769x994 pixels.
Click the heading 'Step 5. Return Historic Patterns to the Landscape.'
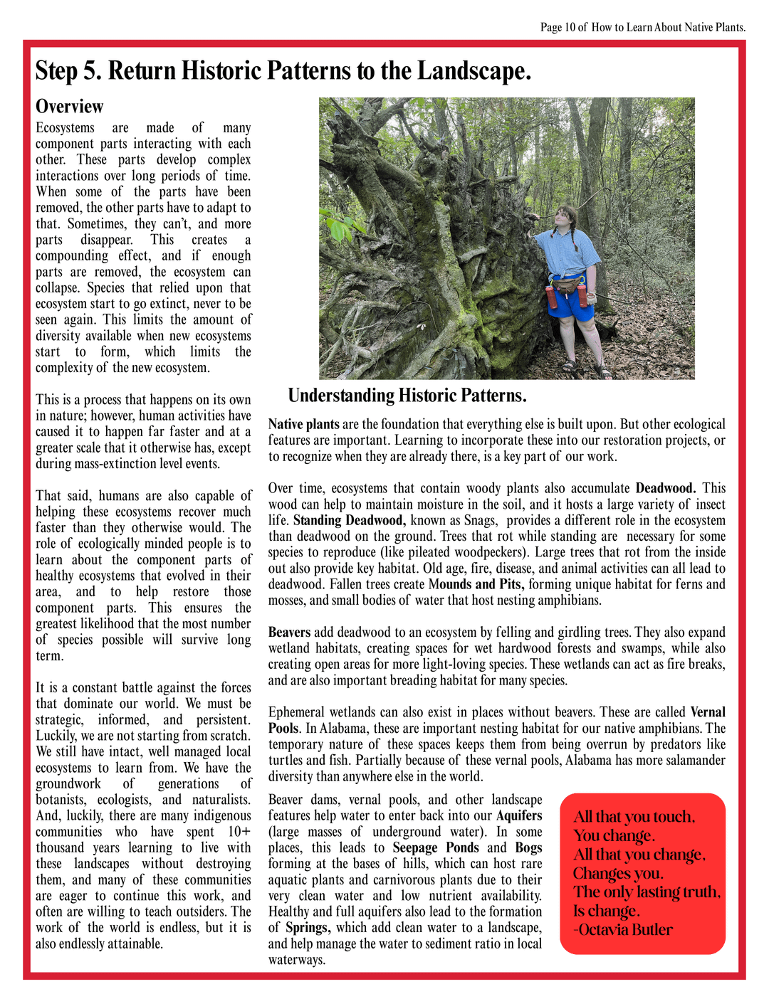283,71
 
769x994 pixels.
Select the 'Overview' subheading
69,107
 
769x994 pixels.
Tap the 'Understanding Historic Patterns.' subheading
407,396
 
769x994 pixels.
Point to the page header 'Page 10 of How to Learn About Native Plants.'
642,27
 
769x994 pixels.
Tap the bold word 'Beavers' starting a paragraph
289,632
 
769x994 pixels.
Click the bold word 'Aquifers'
519,815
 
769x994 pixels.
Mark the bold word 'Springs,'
308,927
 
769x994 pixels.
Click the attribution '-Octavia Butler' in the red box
623,929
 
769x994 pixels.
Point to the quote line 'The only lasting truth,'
647,892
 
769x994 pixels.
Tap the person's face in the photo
568,216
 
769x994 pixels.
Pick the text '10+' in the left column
239,831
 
